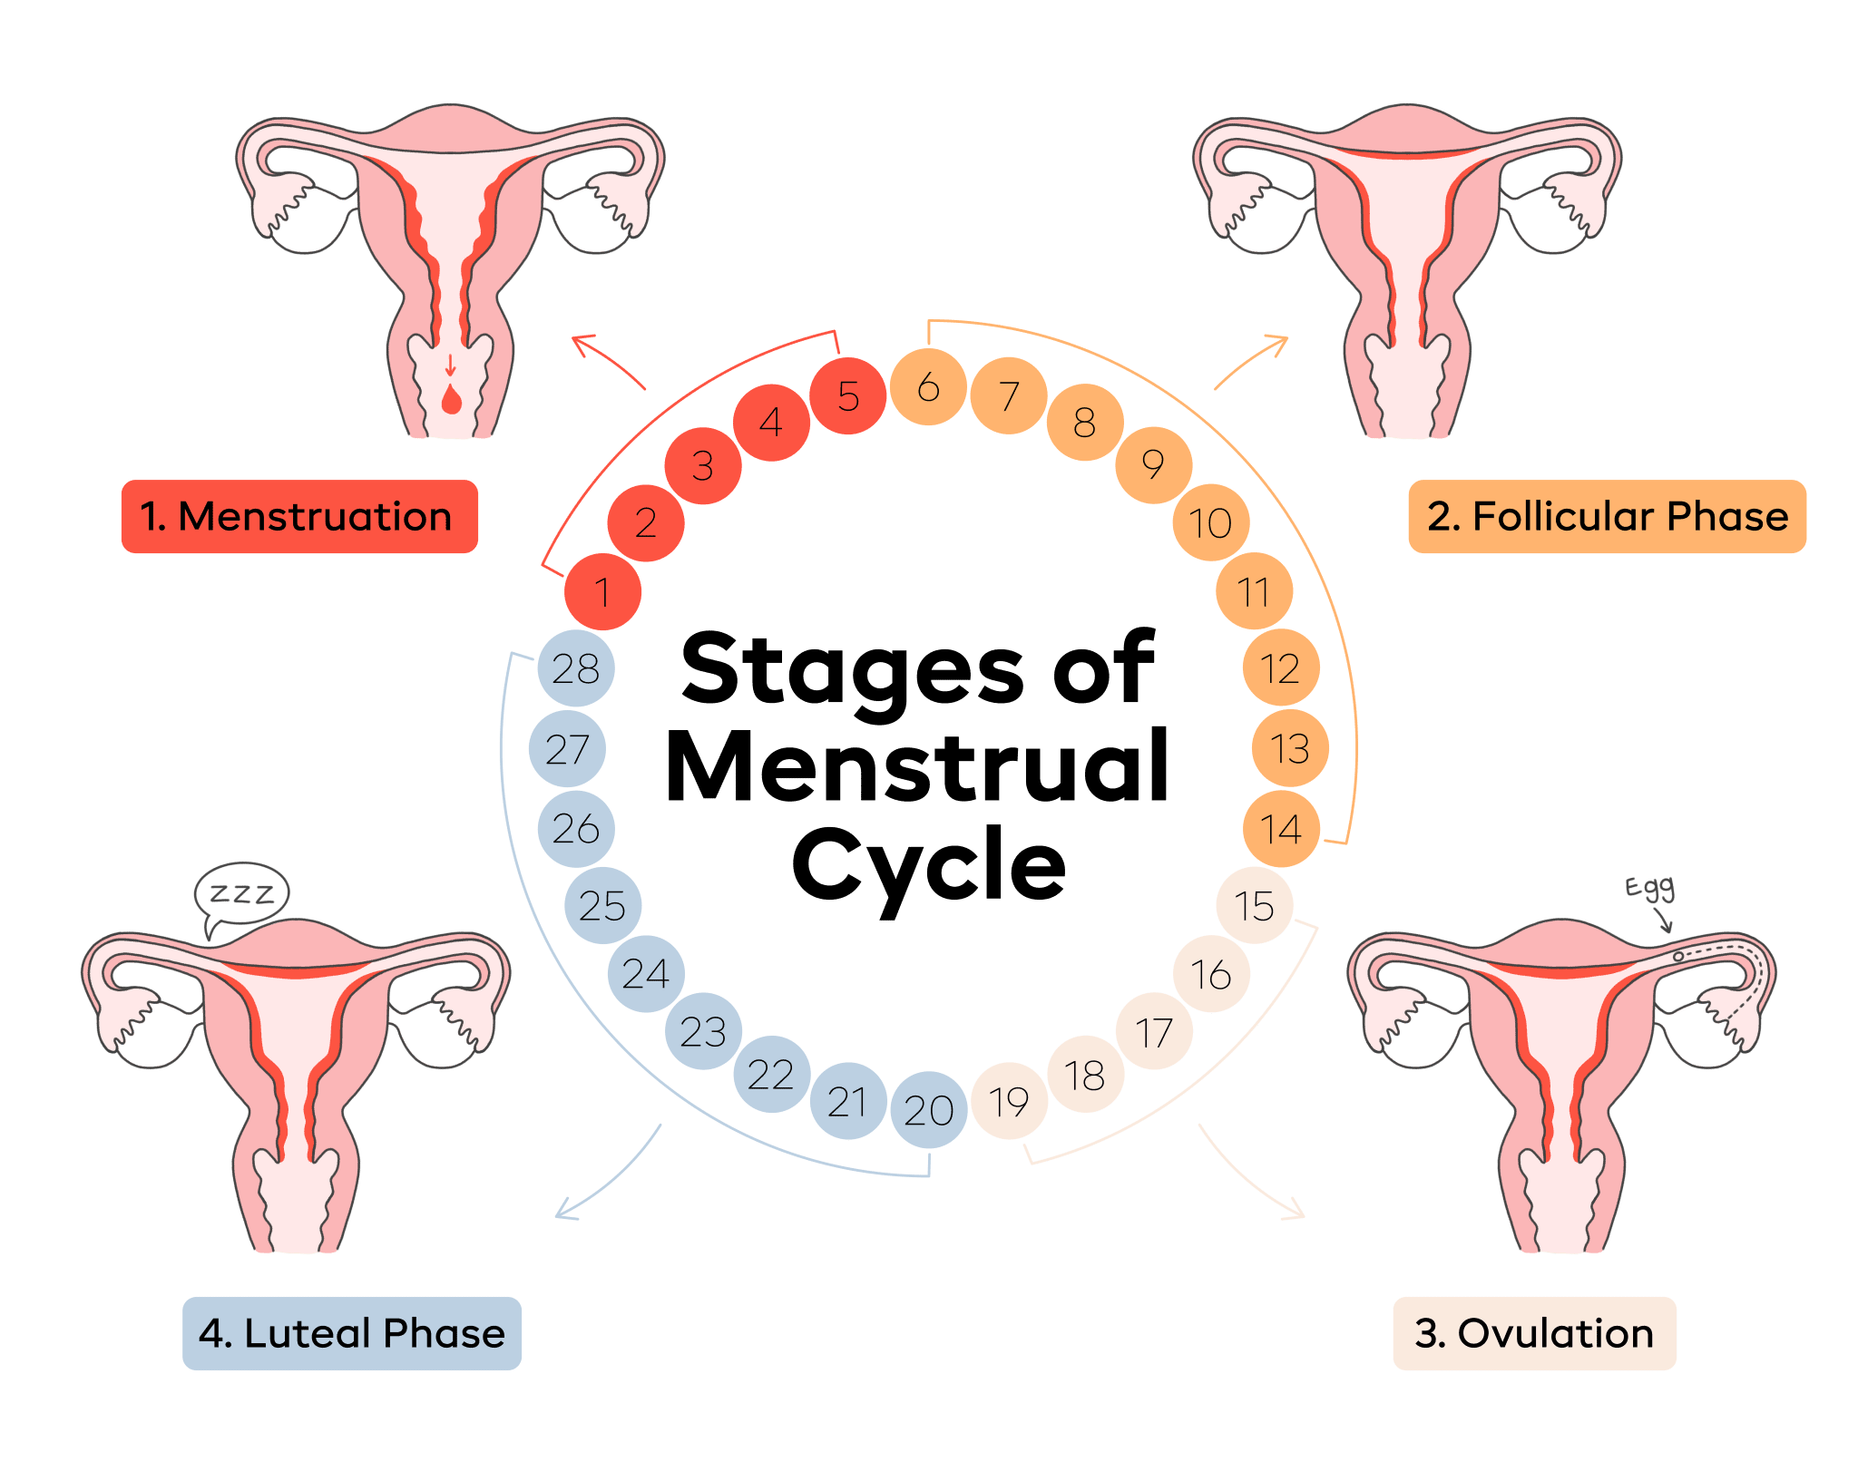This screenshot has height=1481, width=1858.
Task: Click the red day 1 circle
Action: pyautogui.click(x=602, y=591)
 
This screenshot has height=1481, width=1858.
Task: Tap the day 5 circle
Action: pyautogui.click(x=847, y=396)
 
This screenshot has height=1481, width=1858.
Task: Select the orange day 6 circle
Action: pyautogui.click(x=928, y=387)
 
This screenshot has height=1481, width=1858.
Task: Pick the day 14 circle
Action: pyautogui.click(x=1280, y=829)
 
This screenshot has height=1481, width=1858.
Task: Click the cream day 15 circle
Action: pyautogui.click(x=1254, y=905)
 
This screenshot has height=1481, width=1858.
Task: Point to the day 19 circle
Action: pyautogui.click(x=1009, y=1101)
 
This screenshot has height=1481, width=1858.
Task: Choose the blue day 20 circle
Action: pyautogui.click(x=928, y=1110)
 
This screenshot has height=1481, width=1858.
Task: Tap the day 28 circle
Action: pyautogui.click(x=576, y=668)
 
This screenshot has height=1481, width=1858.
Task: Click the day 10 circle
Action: pyautogui.click(x=1210, y=522)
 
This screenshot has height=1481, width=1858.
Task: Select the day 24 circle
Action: pyautogui.click(x=646, y=973)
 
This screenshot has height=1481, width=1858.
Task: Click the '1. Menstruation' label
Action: pyautogui.click(x=299, y=517)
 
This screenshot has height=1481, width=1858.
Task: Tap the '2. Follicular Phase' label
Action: pyautogui.click(x=1607, y=517)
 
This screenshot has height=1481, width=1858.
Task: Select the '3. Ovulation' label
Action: pyautogui.click(x=1534, y=1333)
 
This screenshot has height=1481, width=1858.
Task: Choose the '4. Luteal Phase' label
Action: pyautogui.click(x=352, y=1333)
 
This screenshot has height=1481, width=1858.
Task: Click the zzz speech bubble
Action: pyautogui.click(x=241, y=894)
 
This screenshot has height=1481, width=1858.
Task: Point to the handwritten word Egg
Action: pyautogui.click(x=1649, y=888)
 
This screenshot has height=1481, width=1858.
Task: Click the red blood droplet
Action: pyautogui.click(x=451, y=399)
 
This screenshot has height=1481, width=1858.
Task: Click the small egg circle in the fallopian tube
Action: pyautogui.click(x=1678, y=956)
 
